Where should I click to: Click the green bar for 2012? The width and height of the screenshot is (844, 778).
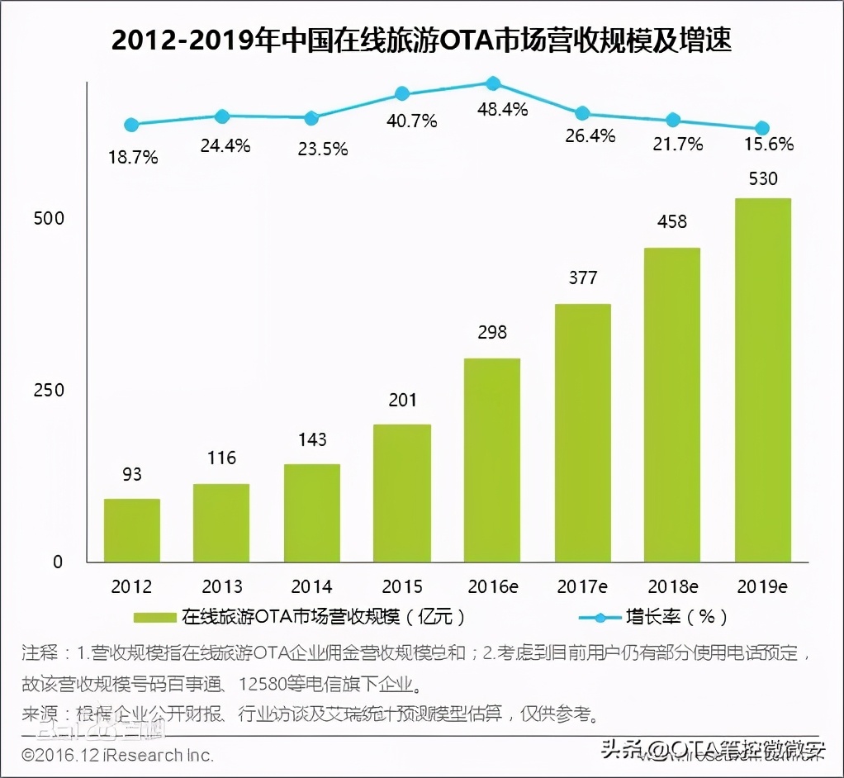click(132, 530)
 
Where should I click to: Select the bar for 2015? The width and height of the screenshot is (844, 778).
click(402, 493)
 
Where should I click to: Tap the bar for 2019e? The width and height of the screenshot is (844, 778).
click(763, 380)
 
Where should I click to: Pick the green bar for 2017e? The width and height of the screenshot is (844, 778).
click(583, 433)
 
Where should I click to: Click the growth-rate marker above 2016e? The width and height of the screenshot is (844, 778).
click(492, 83)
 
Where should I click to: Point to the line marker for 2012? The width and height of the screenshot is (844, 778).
click(131, 125)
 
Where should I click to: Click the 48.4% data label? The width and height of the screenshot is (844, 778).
click(502, 109)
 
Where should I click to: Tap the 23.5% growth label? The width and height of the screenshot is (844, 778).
click(320, 149)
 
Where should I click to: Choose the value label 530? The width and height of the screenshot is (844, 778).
click(763, 178)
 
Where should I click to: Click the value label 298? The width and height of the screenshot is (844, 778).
click(492, 332)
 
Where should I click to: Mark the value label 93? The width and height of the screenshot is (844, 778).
click(132, 474)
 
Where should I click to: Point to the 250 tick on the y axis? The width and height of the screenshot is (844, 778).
click(48, 390)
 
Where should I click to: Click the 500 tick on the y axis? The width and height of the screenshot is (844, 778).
click(48, 218)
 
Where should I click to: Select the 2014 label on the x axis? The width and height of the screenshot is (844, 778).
click(312, 586)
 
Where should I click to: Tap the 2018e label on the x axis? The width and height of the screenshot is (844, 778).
click(673, 586)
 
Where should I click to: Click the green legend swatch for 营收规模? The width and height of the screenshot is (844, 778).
click(154, 617)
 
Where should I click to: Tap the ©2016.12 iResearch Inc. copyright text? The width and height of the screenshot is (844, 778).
click(117, 754)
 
